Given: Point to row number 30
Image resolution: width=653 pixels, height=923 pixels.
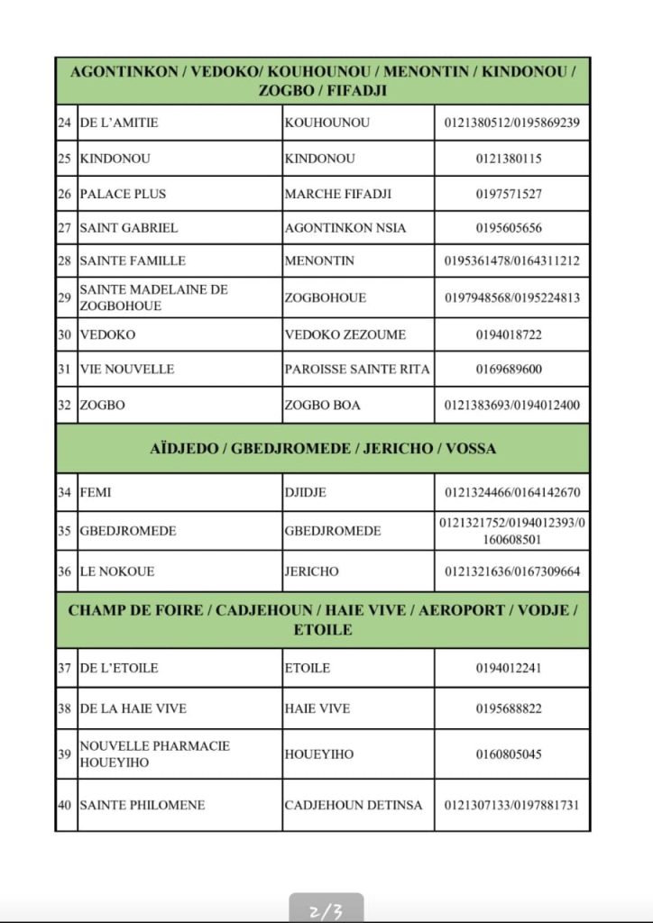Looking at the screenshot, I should click(65, 334).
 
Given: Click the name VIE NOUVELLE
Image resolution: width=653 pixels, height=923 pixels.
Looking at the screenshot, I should click(126, 370).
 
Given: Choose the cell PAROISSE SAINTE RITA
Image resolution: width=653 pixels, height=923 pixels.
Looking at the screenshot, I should click(357, 370).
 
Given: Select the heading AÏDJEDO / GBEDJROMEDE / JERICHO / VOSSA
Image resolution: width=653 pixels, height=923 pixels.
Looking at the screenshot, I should click(323, 448).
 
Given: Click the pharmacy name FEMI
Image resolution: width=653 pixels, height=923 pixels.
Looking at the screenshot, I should click(96, 492).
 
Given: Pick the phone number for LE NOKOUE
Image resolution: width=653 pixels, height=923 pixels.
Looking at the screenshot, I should click(511, 571).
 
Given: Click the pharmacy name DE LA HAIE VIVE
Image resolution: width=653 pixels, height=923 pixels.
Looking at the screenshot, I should click(133, 708).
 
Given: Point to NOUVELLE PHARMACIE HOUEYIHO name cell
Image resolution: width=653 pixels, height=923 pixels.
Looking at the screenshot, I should click(154, 754).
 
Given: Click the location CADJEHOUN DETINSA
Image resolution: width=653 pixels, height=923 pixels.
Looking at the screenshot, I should click(353, 805).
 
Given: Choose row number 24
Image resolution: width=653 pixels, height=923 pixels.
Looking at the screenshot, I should click(65, 123).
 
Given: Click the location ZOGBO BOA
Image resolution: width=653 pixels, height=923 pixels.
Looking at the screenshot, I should click(322, 406).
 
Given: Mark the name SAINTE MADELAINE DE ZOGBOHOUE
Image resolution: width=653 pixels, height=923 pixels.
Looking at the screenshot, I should click(153, 297).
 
